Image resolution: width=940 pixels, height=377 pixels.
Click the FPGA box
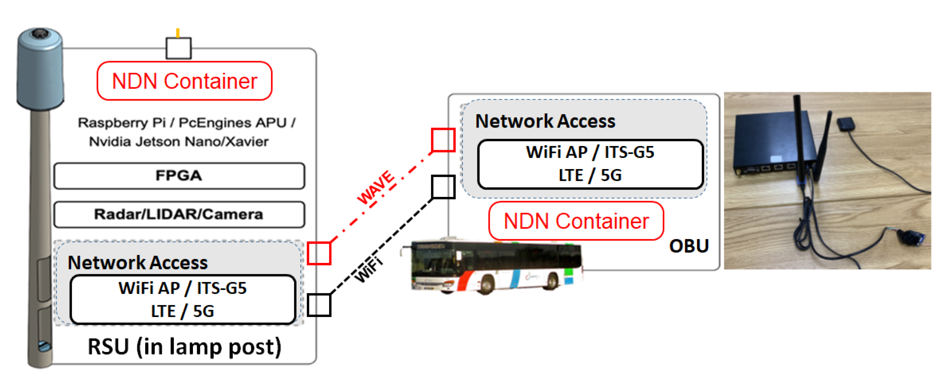(179, 176)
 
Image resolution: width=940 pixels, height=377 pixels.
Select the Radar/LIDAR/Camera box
(179, 214)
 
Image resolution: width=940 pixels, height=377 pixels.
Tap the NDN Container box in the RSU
(184, 81)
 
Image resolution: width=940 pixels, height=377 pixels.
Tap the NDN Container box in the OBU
(576, 221)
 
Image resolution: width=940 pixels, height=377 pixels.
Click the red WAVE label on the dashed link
(376, 187)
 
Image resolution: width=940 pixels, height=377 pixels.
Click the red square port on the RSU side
(319, 253)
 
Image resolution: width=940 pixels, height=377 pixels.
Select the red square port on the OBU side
(443, 140)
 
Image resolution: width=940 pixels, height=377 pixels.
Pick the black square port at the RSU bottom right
(319, 305)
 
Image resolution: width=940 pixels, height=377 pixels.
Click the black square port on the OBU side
(443, 187)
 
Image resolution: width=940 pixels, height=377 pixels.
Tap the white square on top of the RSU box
(178, 48)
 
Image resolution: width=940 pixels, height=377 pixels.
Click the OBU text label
(688, 246)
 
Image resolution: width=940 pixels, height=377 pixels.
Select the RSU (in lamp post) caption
(184, 346)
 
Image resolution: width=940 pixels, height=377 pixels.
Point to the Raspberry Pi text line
(186, 123)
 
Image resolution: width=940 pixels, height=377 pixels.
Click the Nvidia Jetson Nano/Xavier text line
(178, 142)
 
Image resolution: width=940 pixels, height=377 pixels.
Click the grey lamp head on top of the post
(40, 69)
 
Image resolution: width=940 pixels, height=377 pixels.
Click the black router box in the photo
(770, 146)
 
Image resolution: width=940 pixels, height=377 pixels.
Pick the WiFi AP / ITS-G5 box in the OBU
(590, 164)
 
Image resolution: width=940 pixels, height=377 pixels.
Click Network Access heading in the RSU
(138, 263)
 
